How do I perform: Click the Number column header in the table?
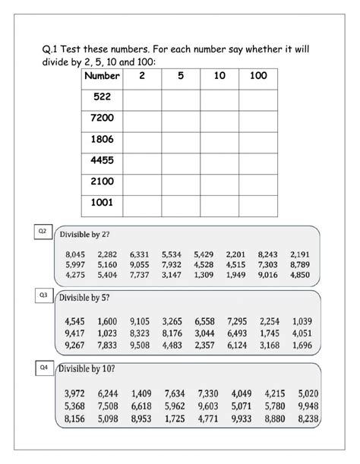(102, 77)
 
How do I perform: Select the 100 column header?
(258, 77)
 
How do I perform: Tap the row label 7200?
(102, 119)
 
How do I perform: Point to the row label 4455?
(102, 161)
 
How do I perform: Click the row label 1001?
(102, 204)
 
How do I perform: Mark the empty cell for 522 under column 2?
(141, 98)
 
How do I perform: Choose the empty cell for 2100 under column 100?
(258, 183)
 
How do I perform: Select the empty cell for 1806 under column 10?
(219, 140)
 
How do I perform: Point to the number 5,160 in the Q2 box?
(107, 265)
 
